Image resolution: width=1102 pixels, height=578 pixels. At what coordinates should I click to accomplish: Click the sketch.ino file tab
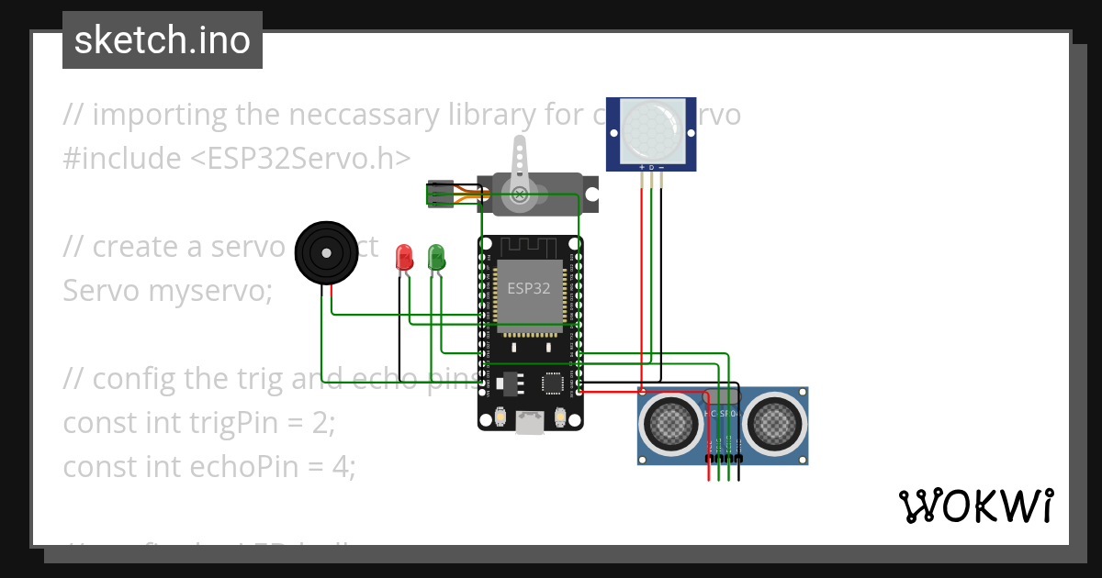pyautogui.click(x=162, y=40)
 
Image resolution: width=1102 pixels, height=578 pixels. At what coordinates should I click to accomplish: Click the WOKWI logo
pyautogui.click(x=975, y=506)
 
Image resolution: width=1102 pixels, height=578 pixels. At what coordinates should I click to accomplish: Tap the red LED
pyautogui.click(x=403, y=257)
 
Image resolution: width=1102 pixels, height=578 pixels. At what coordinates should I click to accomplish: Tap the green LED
pyautogui.click(x=435, y=257)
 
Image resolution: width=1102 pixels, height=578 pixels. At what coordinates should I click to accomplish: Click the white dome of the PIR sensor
pyautogui.click(x=651, y=128)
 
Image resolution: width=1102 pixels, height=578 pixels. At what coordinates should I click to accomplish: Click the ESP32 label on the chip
pyautogui.click(x=529, y=287)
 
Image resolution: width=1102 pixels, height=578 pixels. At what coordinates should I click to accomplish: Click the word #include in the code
pyautogui.click(x=122, y=158)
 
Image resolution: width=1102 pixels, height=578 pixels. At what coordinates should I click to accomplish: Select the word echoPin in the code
pyautogui.click(x=259, y=467)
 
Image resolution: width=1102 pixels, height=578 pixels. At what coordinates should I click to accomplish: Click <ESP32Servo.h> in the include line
pyautogui.click(x=300, y=158)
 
